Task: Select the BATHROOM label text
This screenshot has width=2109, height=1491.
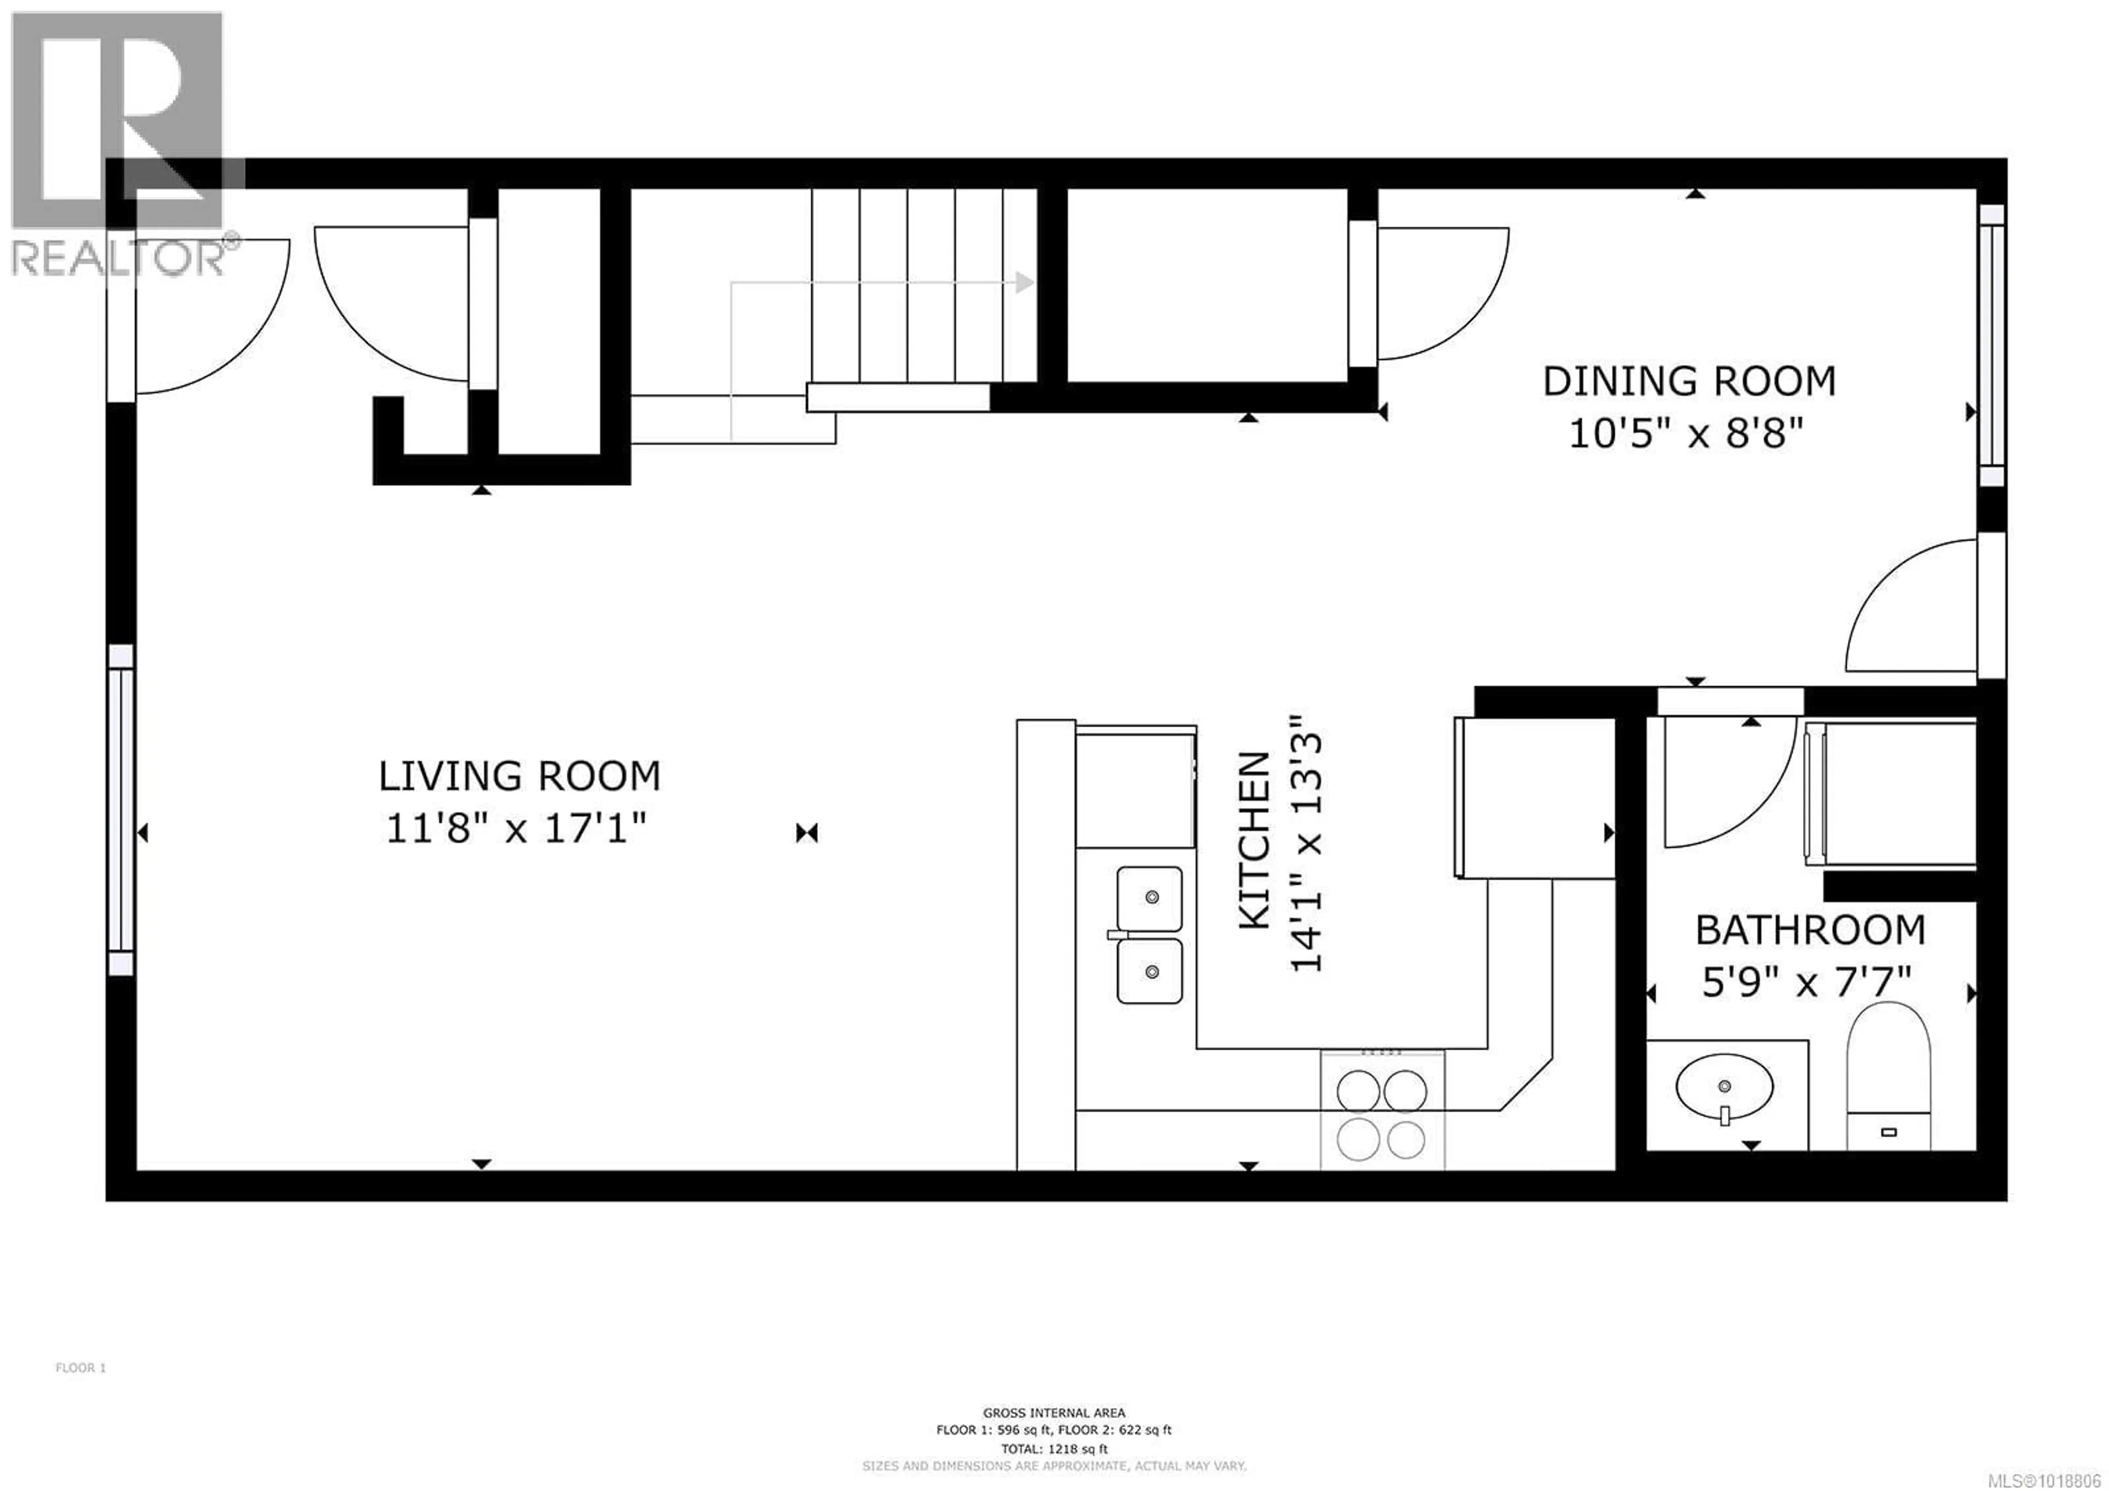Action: click(x=1810, y=931)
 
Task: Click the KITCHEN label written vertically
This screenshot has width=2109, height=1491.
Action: click(x=1255, y=841)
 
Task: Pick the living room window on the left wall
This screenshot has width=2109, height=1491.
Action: click(x=120, y=809)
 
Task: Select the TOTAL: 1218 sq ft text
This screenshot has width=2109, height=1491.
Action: click(x=1053, y=1449)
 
